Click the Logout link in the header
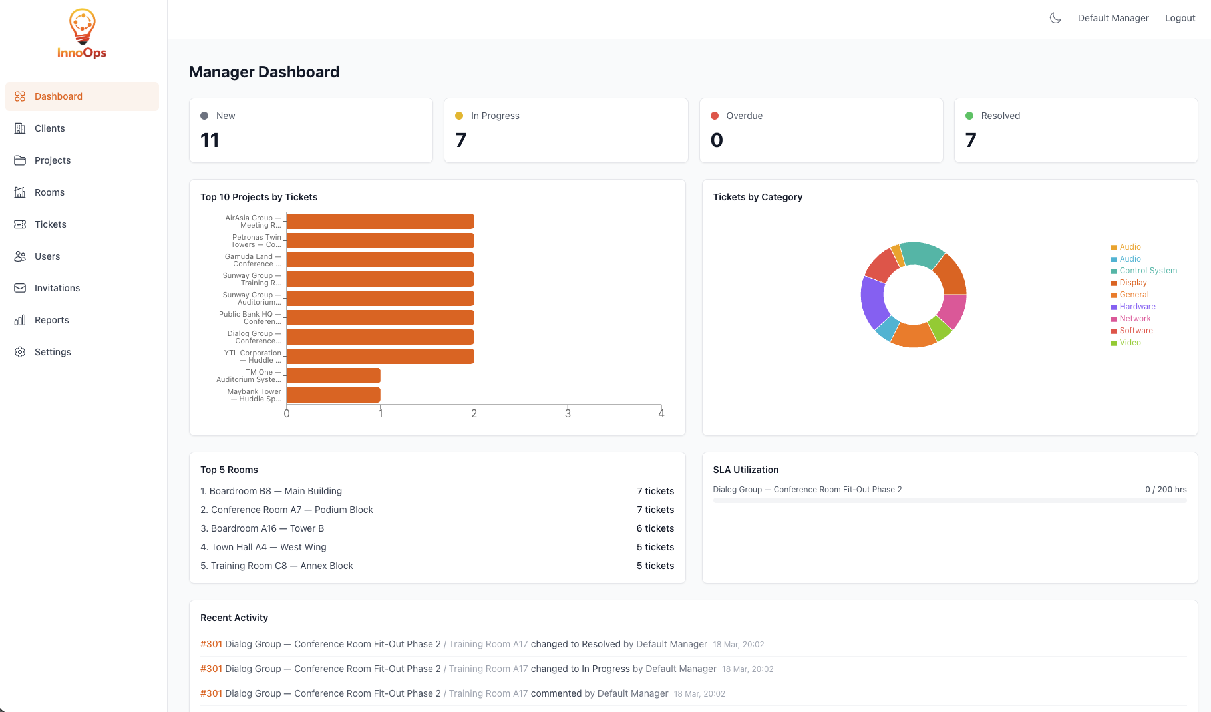(1180, 18)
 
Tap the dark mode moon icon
(1055, 18)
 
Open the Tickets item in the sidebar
(50, 224)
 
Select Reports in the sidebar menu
(51, 320)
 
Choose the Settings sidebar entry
(52, 352)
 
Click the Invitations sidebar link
(57, 288)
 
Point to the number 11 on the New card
(210, 140)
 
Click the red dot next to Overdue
(715, 116)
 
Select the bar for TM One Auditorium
(333, 375)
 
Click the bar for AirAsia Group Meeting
(380, 221)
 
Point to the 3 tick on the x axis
(568, 413)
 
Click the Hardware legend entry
(1137, 307)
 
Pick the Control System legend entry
(1148, 271)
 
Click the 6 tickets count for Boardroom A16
(655, 528)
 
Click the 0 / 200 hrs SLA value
(1165, 489)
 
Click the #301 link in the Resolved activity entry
(211, 644)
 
